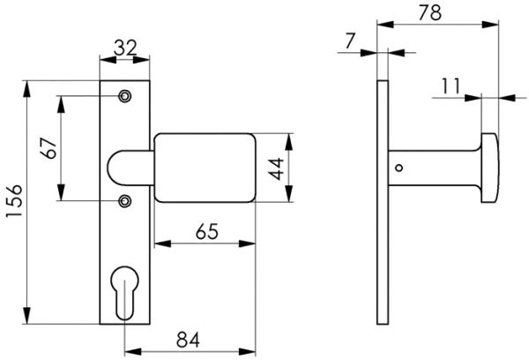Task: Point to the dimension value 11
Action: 451,86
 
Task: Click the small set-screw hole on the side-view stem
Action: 399,167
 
